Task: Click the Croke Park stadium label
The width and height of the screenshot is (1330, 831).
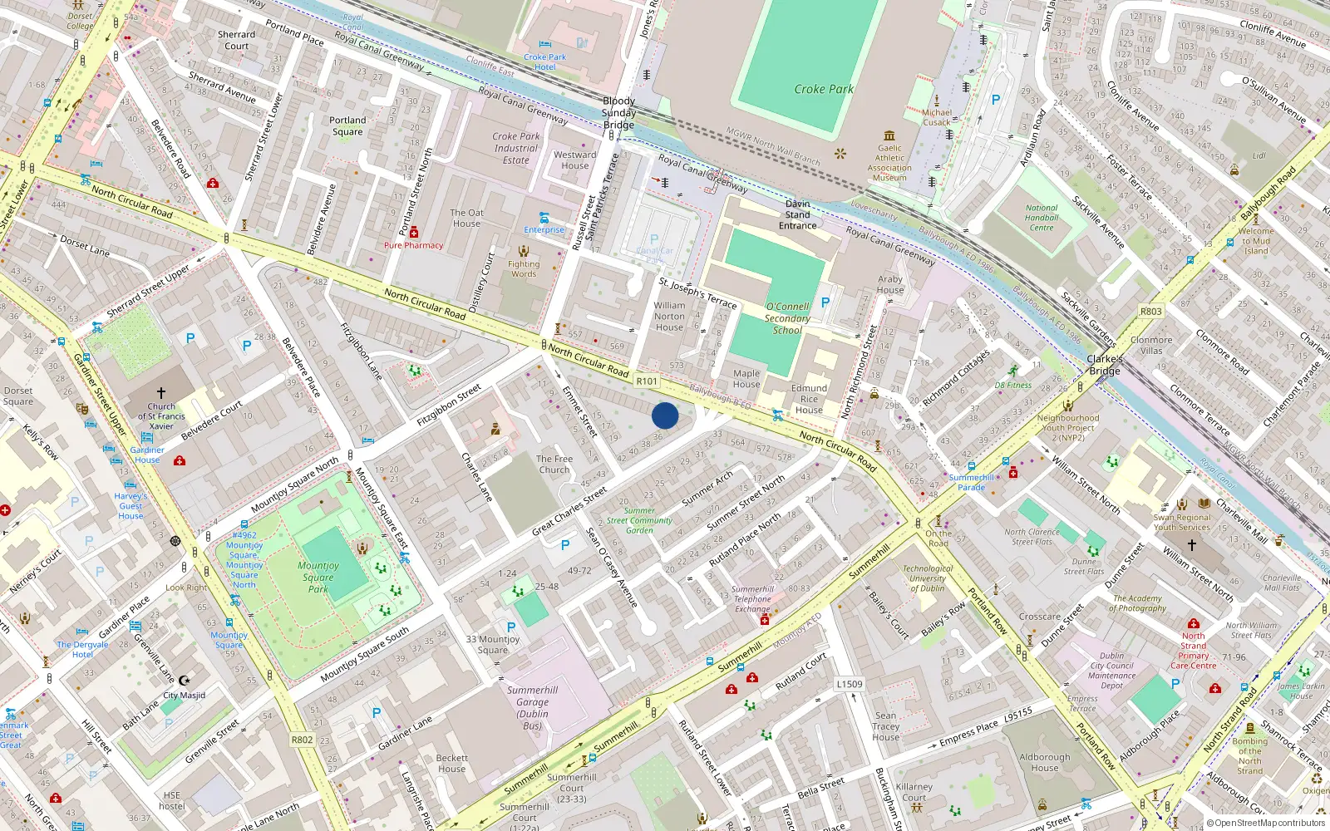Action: click(823, 89)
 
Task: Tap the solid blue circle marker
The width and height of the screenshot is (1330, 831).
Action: click(665, 415)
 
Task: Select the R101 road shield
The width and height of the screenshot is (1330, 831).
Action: click(647, 381)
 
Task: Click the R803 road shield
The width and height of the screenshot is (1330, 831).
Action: click(1150, 312)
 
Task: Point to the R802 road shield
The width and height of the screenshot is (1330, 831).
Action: click(302, 740)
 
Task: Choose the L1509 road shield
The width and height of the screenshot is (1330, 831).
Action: click(849, 684)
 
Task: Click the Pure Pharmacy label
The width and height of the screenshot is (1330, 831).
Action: click(413, 245)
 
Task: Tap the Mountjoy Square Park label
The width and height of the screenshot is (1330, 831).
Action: click(318, 577)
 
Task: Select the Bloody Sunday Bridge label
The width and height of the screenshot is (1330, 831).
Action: click(618, 113)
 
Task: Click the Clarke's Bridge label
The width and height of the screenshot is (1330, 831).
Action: click(1105, 365)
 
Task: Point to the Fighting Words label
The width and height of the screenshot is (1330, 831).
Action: click(524, 268)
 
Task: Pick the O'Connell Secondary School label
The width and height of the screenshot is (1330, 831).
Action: click(787, 318)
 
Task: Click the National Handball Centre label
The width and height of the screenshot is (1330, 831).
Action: click(1042, 218)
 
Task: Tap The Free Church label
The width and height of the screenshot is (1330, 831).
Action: click(554, 464)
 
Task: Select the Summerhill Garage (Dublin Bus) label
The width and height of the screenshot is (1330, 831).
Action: click(532, 707)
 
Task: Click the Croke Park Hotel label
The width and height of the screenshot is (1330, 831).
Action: click(544, 62)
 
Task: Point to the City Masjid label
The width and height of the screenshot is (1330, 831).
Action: click(184, 695)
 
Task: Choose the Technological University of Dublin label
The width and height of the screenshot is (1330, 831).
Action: click(928, 578)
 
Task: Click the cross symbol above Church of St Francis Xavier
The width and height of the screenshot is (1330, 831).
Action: click(161, 392)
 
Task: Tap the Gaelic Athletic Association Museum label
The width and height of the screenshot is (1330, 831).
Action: click(889, 163)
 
